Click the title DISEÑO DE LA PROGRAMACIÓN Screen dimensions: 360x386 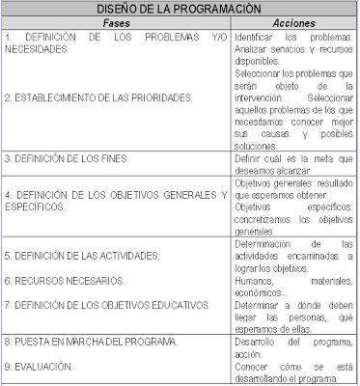(x=180, y=8)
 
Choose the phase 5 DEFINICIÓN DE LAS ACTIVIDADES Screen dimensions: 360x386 (x=82, y=256)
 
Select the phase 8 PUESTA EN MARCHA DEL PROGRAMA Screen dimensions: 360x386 (x=92, y=343)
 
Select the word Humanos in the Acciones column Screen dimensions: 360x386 (x=255, y=280)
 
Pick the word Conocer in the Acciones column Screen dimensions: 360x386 (x=253, y=367)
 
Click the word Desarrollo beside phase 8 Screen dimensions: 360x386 (x=259, y=343)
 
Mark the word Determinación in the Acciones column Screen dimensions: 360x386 (x=268, y=244)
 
